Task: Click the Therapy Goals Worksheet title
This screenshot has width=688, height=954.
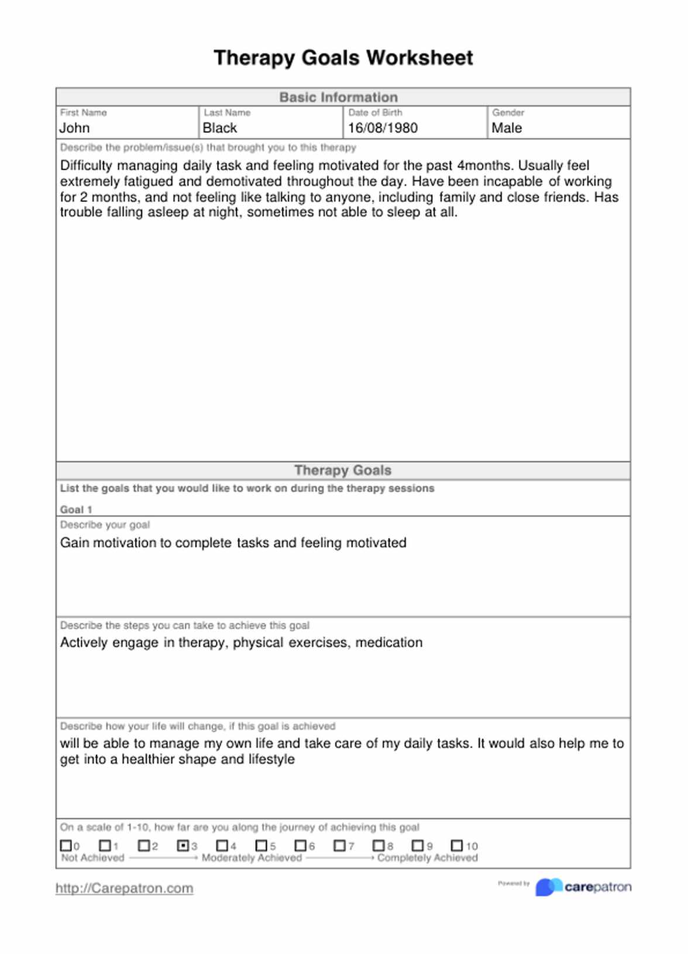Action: point(343,58)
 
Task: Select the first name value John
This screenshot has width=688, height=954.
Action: point(75,128)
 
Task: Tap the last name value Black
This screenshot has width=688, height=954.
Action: point(220,128)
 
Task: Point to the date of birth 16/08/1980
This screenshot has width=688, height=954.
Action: point(383,128)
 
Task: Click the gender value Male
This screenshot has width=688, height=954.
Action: point(507,128)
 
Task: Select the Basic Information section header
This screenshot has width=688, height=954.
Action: point(338,97)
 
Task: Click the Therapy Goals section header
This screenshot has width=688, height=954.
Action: point(343,471)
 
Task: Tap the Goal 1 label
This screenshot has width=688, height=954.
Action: point(76,510)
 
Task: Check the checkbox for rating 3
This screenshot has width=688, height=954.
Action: point(183,846)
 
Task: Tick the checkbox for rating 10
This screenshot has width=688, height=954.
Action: point(457,846)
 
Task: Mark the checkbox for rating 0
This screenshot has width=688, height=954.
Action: point(66,846)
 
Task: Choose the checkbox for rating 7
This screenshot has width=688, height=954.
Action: point(339,846)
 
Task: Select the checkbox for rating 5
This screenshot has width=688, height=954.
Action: point(262,846)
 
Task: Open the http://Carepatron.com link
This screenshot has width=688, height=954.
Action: point(124,888)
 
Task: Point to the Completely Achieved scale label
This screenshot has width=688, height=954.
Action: point(427,858)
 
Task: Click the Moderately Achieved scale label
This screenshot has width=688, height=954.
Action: point(252,858)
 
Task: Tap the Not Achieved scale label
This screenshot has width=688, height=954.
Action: point(93,858)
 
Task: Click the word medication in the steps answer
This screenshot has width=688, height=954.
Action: point(389,643)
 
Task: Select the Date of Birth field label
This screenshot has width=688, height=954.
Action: point(376,112)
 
